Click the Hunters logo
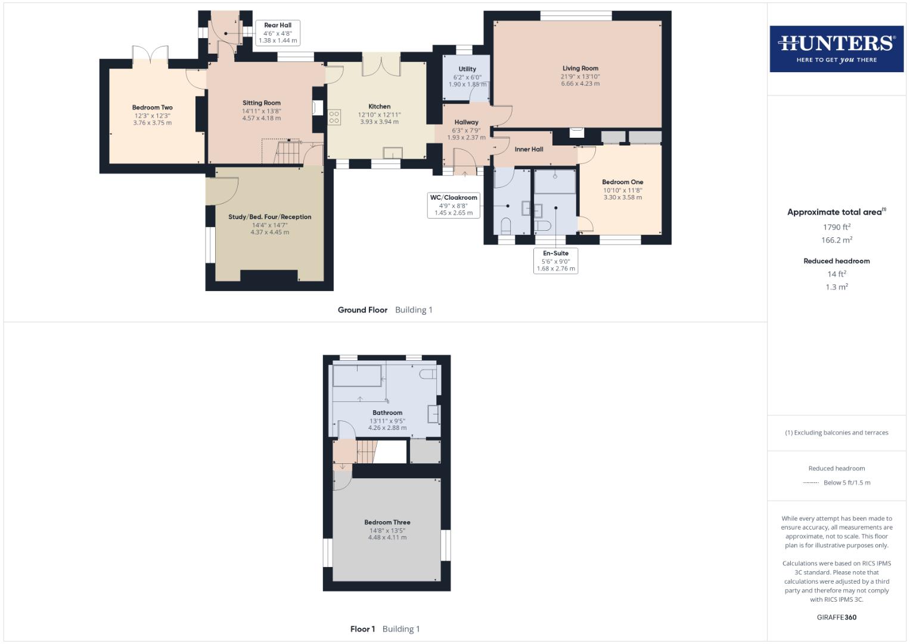836,48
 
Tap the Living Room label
580,68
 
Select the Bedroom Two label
152,108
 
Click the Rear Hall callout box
278,33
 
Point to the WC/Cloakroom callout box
454,205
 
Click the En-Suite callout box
555,261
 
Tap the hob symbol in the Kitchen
334,117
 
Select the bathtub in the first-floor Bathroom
357,376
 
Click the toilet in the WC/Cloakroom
507,227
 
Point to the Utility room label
467,69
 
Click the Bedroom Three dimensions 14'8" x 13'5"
387,530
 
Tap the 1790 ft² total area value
836,227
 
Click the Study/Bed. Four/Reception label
269,217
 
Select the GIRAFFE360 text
836,617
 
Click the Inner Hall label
529,149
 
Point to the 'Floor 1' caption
362,628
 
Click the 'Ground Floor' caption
362,309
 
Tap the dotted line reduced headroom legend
811,482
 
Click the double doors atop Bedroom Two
150,53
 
